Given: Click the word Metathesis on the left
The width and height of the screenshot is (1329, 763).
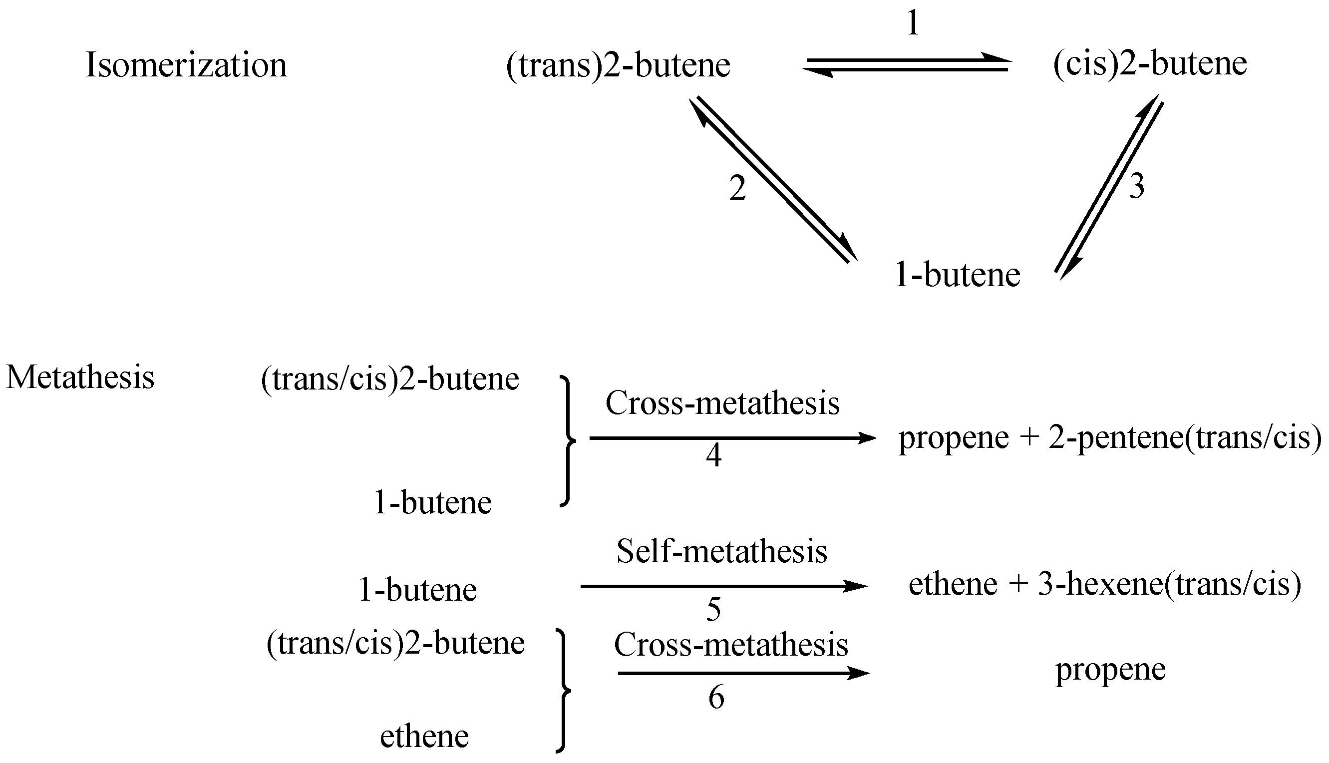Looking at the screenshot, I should coord(80,378).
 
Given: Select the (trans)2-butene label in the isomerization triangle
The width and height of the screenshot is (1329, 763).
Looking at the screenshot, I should coord(618,65).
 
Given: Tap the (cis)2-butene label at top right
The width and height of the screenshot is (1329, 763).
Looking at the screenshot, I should coord(1150,64).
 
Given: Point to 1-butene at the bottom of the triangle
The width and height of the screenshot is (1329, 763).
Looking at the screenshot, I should coord(958,275).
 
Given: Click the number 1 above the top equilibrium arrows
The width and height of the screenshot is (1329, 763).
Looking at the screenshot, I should coord(913,23).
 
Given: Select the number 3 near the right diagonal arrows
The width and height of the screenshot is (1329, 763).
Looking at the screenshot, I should coord(1136,187).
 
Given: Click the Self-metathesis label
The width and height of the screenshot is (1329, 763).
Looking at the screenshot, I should coord(721,552).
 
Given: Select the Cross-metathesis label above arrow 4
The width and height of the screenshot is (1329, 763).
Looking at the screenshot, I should coord(722,403).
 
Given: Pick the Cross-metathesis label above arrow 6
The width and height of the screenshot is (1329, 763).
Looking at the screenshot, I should coord(731,645).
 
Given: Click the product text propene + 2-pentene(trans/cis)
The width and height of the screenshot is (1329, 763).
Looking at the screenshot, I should coord(1110,437).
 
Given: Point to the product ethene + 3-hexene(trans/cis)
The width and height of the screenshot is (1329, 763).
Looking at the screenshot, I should coord(1105,585).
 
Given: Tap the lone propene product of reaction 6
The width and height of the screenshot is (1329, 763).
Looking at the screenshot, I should coord(1110,670).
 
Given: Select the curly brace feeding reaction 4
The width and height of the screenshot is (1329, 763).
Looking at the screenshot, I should coord(567,441).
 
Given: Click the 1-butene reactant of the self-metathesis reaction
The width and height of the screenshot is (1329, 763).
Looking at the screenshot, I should coord(417,590).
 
